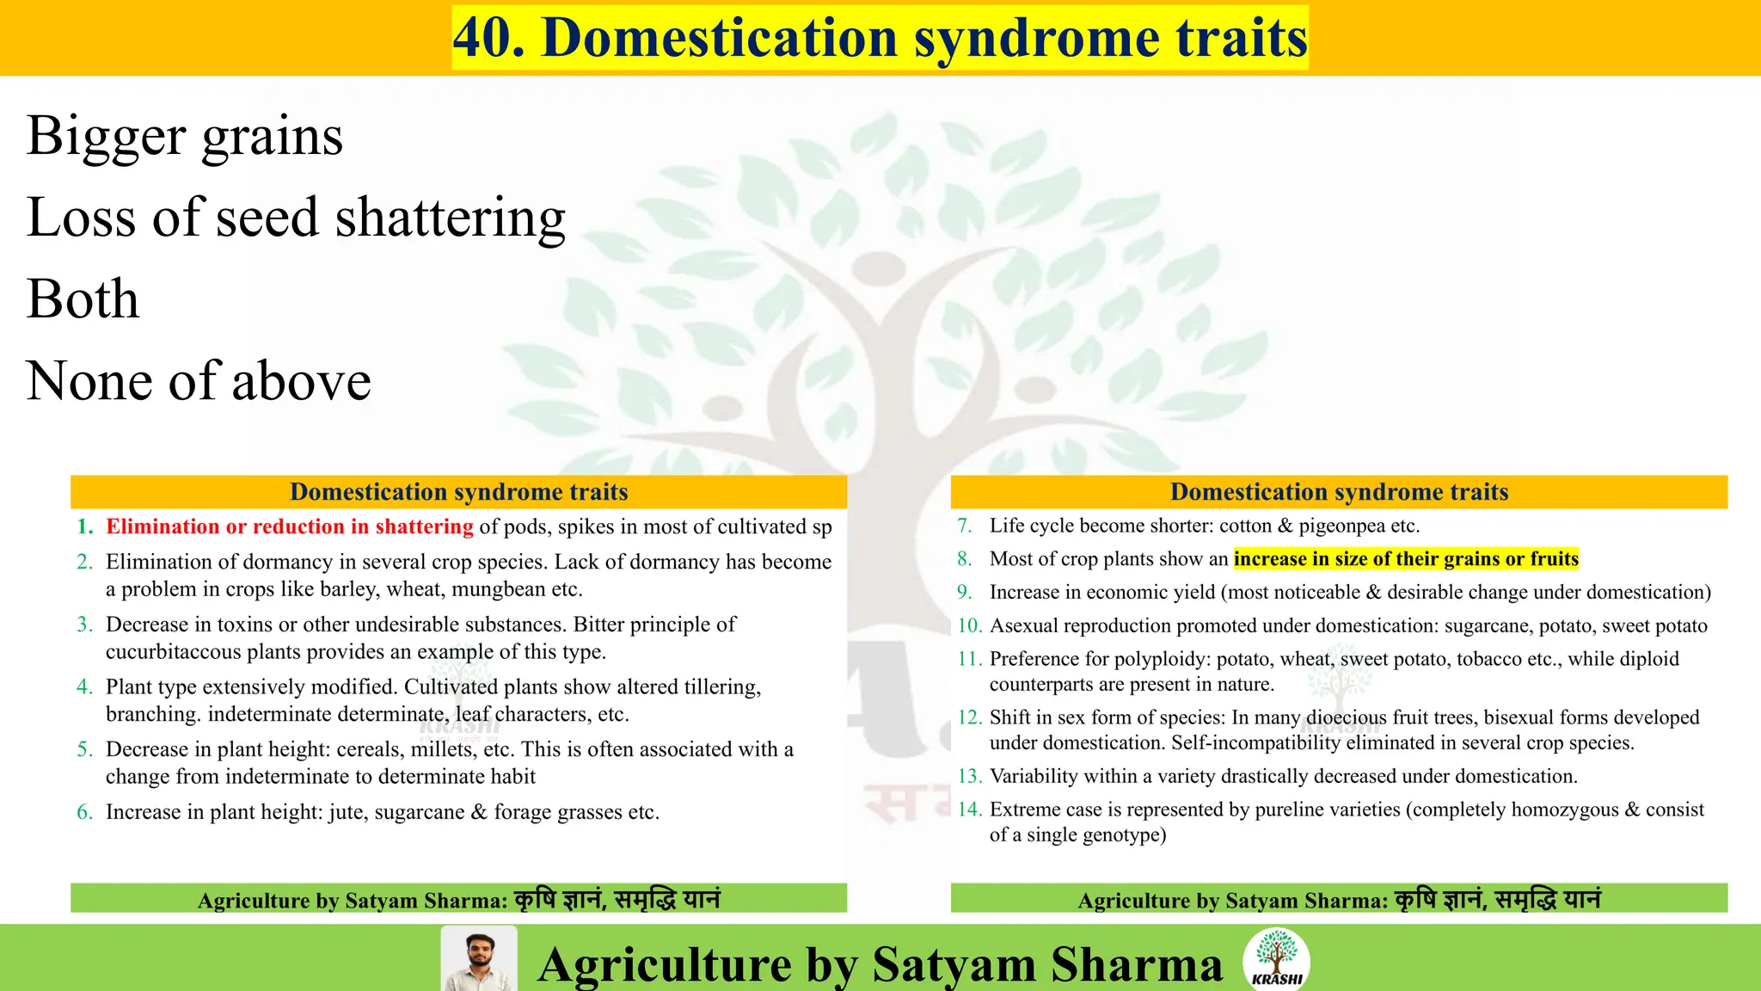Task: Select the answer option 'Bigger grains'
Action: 185,136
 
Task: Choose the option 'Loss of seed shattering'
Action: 296,217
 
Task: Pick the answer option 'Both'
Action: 83,299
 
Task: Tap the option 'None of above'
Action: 199,380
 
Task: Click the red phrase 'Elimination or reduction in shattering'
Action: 289,526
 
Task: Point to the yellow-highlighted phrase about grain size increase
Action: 1406,559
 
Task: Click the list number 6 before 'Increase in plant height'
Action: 84,812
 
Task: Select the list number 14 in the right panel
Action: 969,809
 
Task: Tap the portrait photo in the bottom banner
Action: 479,959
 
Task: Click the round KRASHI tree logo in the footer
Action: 1277,958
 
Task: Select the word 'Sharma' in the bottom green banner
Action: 1136,964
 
